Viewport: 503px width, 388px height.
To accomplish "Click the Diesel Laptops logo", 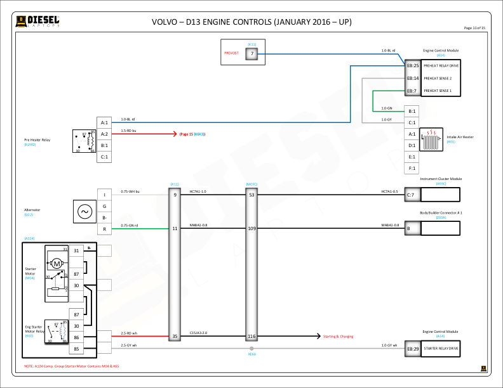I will pos(38,22).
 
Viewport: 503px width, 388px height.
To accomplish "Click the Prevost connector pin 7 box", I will pos(252,54).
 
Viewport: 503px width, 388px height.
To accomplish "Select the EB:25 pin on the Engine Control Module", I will pos(412,65).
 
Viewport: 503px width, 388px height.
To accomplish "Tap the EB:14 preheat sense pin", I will pos(412,78).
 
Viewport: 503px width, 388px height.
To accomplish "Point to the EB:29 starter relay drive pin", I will pos(412,349).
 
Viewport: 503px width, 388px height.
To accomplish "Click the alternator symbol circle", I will pos(84,211).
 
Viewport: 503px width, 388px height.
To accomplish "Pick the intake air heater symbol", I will pos(433,139).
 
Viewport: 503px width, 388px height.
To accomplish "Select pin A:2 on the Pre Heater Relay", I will pos(105,134).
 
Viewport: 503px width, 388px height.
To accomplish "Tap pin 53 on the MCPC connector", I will pos(251,195).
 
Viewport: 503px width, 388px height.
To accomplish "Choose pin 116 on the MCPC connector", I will pos(251,336).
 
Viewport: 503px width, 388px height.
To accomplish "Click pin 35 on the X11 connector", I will pos(175,336).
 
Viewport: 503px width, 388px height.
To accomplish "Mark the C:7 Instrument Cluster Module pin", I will pos(410,195).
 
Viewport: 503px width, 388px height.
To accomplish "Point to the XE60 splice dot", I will pos(252,349).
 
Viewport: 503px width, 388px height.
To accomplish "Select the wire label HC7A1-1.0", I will pos(198,191).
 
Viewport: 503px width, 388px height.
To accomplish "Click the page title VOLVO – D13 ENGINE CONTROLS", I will pos(251,22).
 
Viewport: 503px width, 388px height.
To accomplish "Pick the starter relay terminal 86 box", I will pos(76,337).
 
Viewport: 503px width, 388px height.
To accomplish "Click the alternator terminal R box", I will pos(104,228).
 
